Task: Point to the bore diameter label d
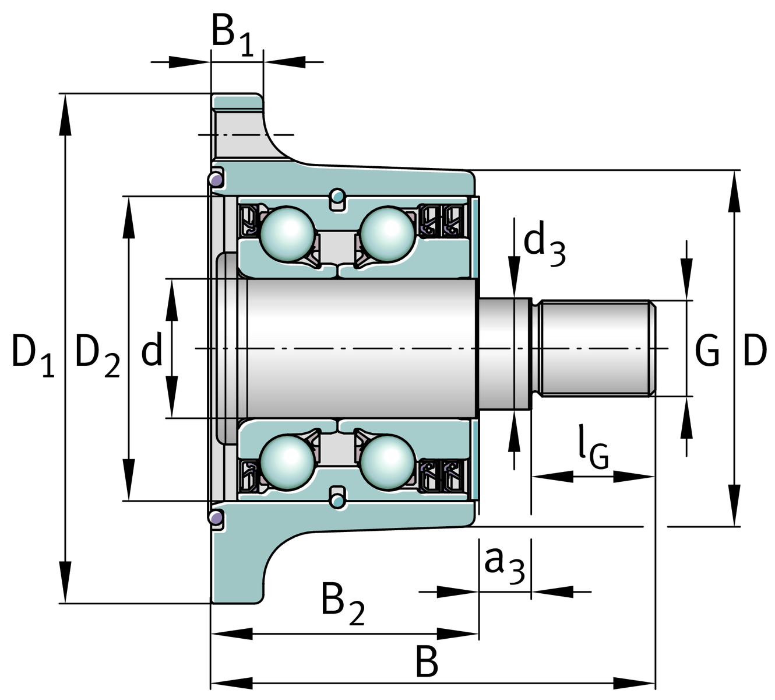pyautogui.click(x=152, y=351)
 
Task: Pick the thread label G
pyautogui.click(x=707, y=351)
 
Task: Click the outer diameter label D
pyautogui.click(x=755, y=351)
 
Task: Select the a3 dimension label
pyautogui.click(x=504, y=565)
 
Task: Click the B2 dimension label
pyautogui.click(x=343, y=602)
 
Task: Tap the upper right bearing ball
pyautogui.click(x=387, y=233)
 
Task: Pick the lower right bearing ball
pyautogui.click(x=387, y=462)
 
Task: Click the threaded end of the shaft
pyautogui.click(x=594, y=348)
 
